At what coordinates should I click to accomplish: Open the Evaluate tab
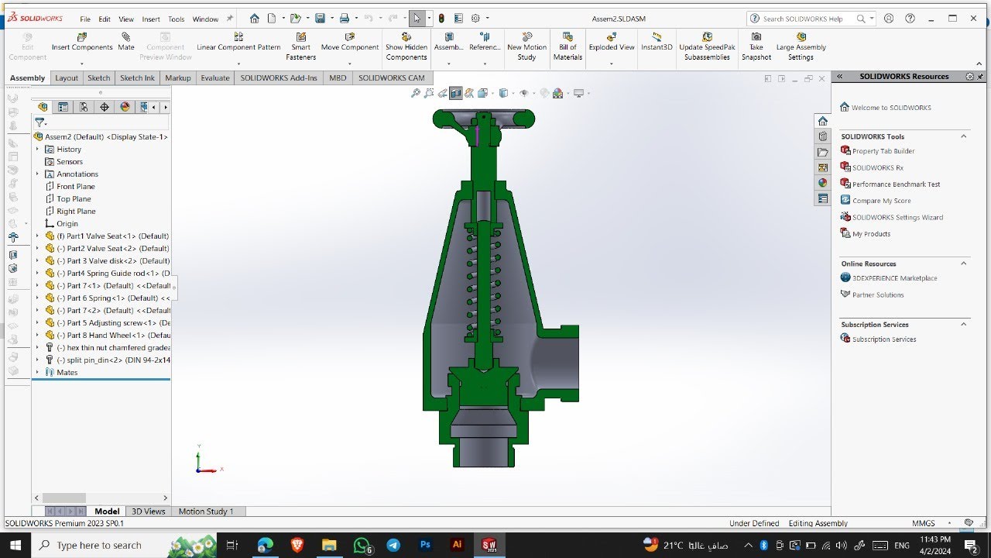pos(215,77)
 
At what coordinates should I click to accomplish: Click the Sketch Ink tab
pos(137,77)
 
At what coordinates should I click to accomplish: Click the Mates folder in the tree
pos(67,372)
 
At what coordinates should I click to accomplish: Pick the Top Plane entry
pos(74,198)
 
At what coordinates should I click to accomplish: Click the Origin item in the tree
pos(67,223)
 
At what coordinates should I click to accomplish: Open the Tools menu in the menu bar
pos(177,19)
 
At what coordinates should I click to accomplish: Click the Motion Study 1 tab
pos(206,511)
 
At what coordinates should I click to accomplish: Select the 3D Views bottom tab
pos(148,511)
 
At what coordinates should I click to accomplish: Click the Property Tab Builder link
pos(883,151)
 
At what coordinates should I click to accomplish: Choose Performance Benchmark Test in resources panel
pos(896,184)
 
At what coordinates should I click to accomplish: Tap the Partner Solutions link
pos(877,294)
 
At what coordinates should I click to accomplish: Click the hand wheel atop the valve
pos(483,119)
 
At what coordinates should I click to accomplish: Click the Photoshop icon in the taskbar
pos(425,545)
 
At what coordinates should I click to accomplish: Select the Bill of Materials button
pos(568,46)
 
